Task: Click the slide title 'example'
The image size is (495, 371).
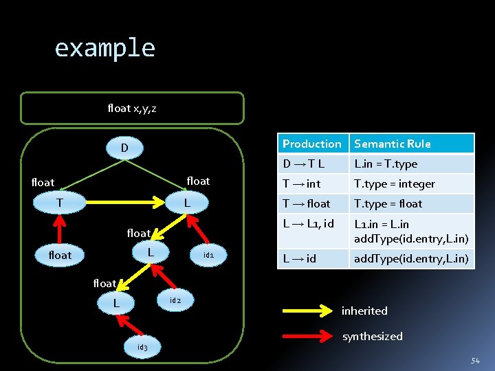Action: (x=105, y=48)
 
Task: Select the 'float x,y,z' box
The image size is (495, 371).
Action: (x=132, y=108)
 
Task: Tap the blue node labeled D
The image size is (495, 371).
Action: (x=124, y=148)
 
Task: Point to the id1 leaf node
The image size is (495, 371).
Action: (x=210, y=255)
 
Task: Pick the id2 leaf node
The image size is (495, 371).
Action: (x=175, y=300)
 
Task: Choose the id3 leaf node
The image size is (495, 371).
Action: (x=142, y=347)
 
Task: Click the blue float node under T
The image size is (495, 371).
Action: (x=60, y=255)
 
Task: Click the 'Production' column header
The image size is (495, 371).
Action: (x=312, y=144)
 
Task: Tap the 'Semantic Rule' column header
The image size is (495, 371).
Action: (x=393, y=144)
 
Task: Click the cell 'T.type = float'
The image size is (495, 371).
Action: (x=388, y=203)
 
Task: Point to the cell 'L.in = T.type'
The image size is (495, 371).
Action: (x=386, y=164)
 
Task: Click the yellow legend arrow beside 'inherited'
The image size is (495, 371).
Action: (x=307, y=311)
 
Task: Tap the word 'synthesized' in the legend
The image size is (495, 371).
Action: (x=372, y=336)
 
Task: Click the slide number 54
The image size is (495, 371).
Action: (x=475, y=361)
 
